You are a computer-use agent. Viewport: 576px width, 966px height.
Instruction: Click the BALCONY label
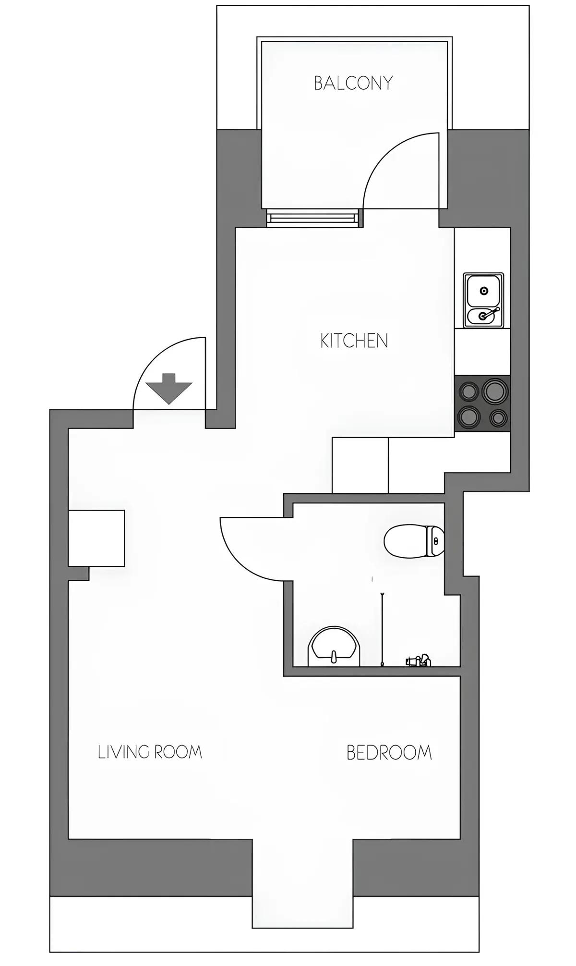click(x=353, y=83)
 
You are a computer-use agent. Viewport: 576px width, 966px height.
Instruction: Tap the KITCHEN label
click(x=354, y=341)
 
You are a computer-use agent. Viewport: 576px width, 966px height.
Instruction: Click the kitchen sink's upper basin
click(x=484, y=290)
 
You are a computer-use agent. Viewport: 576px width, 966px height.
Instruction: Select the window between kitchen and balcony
click(x=313, y=219)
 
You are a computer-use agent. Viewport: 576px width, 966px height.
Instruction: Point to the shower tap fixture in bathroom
click(x=419, y=661)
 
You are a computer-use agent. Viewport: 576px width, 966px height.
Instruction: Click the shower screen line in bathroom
click(x=382, y=629)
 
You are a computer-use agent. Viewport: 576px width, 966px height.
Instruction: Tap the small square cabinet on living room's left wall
click(x=96, y=538)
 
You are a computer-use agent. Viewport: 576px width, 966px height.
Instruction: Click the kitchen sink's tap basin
click(x=484, y=316)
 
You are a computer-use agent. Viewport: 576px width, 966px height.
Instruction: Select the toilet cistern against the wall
click(x=436, y=541)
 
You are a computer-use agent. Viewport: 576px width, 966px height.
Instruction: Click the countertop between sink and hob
click(x=482, y=352)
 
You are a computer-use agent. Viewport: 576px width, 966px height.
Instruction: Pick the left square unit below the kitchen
click(x=360, y=465)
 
